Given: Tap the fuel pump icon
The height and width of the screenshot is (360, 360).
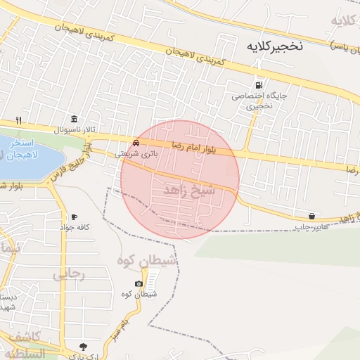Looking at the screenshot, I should pos(259,84).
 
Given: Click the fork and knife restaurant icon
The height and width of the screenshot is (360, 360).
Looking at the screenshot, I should pos(19,120).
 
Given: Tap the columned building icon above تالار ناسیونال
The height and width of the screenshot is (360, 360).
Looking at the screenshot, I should pos(74,118).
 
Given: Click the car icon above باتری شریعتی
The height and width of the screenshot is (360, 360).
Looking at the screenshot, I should pos(146,141).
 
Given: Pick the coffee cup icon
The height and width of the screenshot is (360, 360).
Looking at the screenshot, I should pos(74,217).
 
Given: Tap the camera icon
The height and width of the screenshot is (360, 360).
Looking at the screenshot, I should pos(139,283).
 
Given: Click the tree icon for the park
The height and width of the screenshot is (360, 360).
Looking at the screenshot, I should pos(83,346).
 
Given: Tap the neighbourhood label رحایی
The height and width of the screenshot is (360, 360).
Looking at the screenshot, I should pos(69,275).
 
